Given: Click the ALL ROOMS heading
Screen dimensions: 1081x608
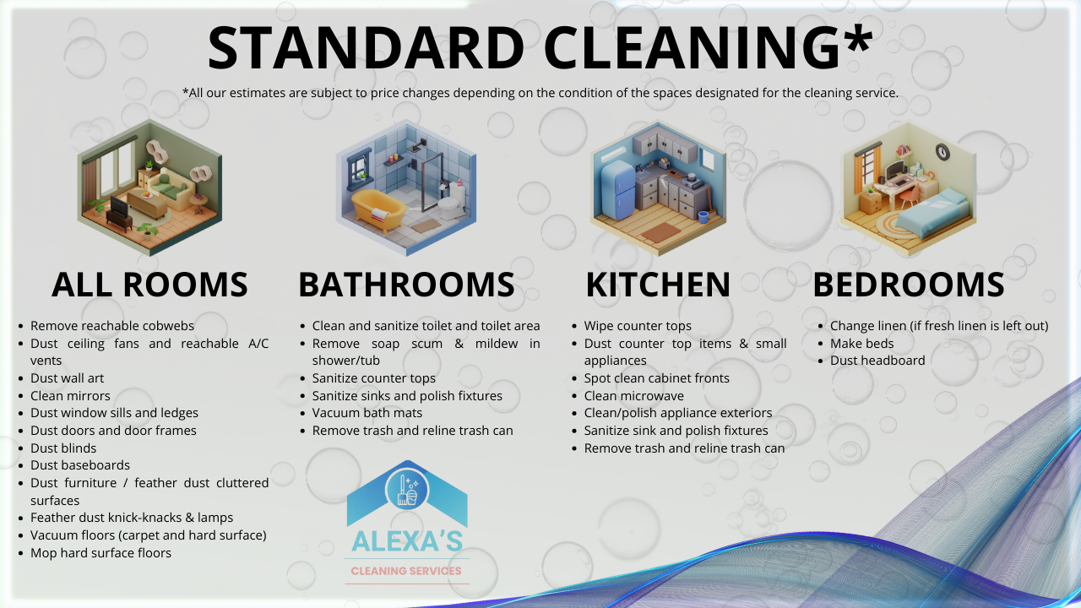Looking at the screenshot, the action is (x=149, y=285).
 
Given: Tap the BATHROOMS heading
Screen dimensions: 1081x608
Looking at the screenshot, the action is (x=406, y=285).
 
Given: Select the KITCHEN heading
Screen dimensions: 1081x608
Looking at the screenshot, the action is (x=658, y=285).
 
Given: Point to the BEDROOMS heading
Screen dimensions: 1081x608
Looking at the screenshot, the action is (x=909, y=285).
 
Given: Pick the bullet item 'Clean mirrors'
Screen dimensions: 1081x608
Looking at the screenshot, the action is (x=70, y=396).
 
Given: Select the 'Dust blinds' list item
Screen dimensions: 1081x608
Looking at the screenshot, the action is (x=63, y=448).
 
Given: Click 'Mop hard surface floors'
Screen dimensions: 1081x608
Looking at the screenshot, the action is (x=100, y=552).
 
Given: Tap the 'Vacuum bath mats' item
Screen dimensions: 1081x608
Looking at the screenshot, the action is (x=367, y=413).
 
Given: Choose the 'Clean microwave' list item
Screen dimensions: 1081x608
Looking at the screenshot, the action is (x=633, y=396).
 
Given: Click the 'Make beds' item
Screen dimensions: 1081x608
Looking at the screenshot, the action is (x=862, y=343).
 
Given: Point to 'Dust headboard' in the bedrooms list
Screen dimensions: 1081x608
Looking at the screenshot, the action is (x=877, y=361).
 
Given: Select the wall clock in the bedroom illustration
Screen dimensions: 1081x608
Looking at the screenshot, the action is (x=942, y=152).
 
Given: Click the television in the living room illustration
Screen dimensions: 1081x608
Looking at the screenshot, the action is (x=119, y=207).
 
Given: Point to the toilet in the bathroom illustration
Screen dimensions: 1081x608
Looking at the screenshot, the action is (x=452, y=202).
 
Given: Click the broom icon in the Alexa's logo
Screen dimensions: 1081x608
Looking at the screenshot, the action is (x=403, y=491).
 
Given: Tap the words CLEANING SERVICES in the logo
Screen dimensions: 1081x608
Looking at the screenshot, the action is (x=406, y=571).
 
